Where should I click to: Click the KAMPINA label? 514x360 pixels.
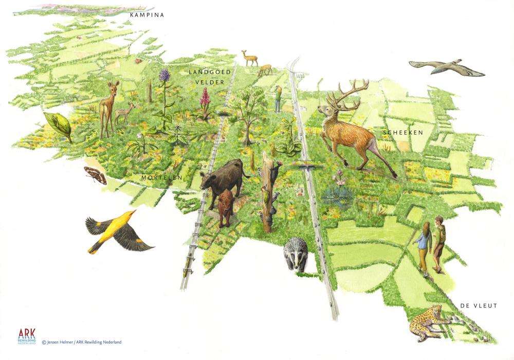[x=147, y=15]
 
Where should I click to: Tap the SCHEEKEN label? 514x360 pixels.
[x=402, y=133]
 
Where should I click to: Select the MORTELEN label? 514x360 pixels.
[x=162, y=177]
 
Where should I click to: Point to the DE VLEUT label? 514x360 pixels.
[x=479, y=306]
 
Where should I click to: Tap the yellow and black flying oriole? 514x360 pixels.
[x=116, y=231]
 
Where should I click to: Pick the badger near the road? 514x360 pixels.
[x=296, y=254]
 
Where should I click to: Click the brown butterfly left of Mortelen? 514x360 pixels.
[x=96, y=175]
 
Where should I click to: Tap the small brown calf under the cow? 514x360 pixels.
[x=225, y=207]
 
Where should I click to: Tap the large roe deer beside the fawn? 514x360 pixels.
[x=108, y=105]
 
